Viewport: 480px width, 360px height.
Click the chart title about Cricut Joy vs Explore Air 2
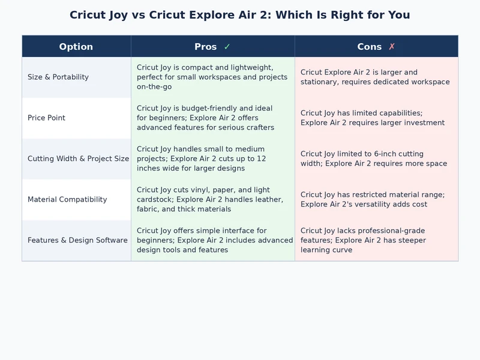coord(240,15)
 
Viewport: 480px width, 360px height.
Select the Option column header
coord(76,47)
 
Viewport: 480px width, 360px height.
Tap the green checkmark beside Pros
coord(227,47)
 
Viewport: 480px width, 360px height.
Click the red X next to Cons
coord(392,47)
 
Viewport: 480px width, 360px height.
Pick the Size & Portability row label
coord(58,77)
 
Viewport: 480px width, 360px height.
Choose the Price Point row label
coord(47,118)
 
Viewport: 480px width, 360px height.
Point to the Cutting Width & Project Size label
coord(78,158)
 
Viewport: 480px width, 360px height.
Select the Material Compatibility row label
coord(67,199)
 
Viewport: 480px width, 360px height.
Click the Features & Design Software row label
coord(77,240)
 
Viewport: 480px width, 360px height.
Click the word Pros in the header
coord(206,47)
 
